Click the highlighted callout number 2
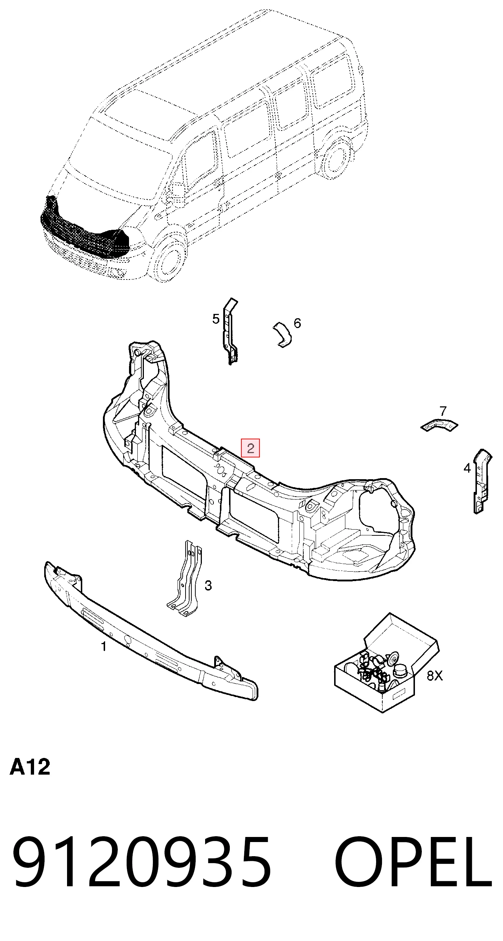(250, 448)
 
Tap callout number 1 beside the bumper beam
(104, 646)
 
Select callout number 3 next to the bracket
(208, 585)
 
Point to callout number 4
(467, 468)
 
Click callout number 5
(216, 319)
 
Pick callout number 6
(298, 323)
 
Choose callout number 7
(443, 411)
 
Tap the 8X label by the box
(435, 675)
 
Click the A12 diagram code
(30, 767)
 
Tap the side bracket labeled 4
(482, 481)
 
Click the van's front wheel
(168, 258)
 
